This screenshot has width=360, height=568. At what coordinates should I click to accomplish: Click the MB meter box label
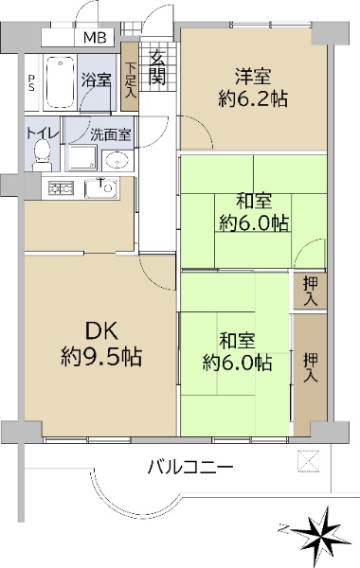click(95, 37)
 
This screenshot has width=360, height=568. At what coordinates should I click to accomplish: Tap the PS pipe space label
click(32, 83)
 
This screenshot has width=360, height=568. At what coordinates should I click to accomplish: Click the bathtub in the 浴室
click(61, 82)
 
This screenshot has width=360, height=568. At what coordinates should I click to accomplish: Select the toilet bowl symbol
click(43, 154)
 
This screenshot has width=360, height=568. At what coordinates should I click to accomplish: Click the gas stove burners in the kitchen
click(61, 188)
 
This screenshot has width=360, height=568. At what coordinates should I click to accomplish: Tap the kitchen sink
click(101, 188)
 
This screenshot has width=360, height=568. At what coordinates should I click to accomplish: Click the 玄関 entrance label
click(157, 67)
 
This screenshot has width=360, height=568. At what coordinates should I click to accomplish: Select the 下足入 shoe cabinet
click(129, 77)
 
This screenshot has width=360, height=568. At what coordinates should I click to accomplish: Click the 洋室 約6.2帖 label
click(253, 87)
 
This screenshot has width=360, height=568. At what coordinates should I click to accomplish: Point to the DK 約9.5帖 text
click(100, 344)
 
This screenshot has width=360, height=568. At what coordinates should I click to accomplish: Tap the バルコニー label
click(190, 467)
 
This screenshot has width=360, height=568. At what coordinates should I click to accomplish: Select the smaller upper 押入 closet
click(310, 291)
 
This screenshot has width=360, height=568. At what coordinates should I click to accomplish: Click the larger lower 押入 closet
click(310, 374)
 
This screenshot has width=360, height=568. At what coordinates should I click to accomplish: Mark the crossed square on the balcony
click(309, 461)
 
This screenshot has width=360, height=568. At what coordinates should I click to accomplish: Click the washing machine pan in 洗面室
click(83, 157)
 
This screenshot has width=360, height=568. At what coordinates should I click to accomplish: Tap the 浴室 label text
click(96, 80)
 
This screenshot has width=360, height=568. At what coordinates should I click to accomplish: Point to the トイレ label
click(42, 133)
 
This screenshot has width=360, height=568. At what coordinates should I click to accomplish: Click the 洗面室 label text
click(110, 134)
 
